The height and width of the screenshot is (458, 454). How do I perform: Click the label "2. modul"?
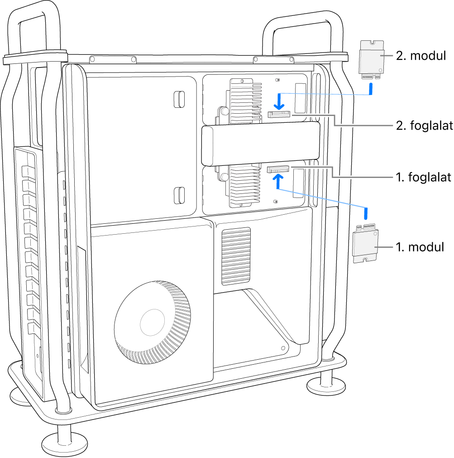pyautogui.click(x=421, y=56)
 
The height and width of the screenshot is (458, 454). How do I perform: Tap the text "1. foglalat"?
pyautogui.click(x=424, y=177)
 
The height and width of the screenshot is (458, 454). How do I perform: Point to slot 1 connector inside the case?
pyautogui.click(x=277, y=169)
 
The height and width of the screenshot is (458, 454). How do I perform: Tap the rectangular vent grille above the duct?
pyautogui.click(x=236, y=256)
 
